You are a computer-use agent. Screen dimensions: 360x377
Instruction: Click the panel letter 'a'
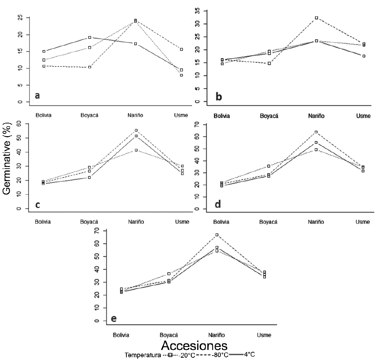(x=37, y=96)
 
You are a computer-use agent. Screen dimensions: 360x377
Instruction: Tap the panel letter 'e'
(x=114, y=318)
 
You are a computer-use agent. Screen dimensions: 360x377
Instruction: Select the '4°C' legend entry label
(x=249, y=354)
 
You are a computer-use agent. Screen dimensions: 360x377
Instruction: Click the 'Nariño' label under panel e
(x=217, y=335)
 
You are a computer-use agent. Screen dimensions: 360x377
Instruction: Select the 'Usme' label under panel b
(x=363, y=116)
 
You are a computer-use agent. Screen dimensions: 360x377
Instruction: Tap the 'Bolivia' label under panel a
(x=43, y=115)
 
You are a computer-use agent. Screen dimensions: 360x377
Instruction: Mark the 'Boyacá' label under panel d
(x=268, y=222)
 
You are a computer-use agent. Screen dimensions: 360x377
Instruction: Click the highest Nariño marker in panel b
(x=316, y=18)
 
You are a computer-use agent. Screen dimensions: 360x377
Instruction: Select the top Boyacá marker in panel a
(x=89, y=37)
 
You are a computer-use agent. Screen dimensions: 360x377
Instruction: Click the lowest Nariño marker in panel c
(x=136, y=150)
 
